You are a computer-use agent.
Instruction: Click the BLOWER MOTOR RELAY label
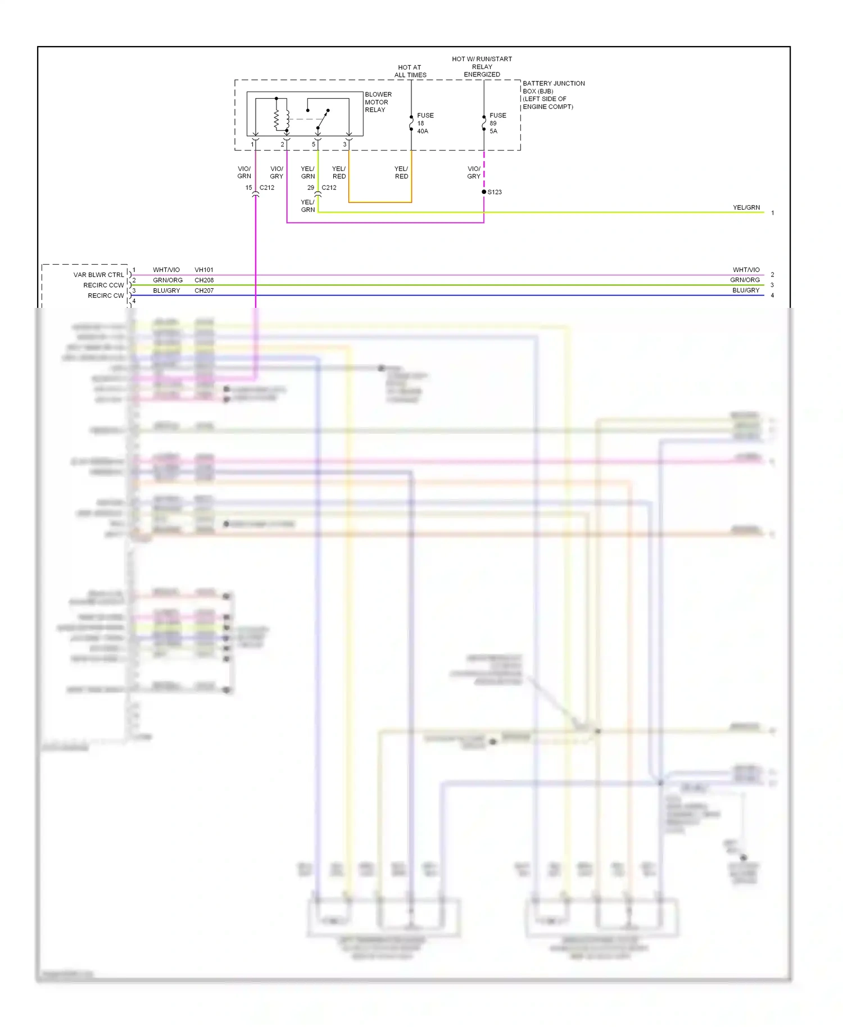click(378, 102)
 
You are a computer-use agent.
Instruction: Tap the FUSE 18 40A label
click(424, 123)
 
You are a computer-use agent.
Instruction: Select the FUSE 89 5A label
click(497, 123)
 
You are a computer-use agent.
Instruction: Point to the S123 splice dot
click(484, 192)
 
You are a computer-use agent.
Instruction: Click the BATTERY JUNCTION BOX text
click(553, 94)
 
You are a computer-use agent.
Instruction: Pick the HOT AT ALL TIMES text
click(410, 71)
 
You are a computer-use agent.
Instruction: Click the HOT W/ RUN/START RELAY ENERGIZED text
click(482, 66)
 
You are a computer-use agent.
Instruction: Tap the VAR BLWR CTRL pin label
click(98, 275)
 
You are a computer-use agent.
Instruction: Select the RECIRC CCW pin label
click(103, 285)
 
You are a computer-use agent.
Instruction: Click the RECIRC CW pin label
click(106, 296)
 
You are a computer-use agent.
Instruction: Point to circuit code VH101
click(204, 270)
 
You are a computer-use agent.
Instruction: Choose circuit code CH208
click(204, 280)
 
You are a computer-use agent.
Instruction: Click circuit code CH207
click(204, 290)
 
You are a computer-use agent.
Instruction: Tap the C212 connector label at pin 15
click(267, 188)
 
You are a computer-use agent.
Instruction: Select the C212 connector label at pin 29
click(329, 188)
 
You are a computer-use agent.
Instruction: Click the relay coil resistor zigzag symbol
click(277, 119)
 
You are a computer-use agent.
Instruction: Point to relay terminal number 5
click(314, 144)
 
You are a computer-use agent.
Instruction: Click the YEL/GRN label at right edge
click(746, 207)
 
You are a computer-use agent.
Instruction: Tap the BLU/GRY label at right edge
click(746, 290)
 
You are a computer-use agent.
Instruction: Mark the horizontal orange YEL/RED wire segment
click(380, 202)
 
